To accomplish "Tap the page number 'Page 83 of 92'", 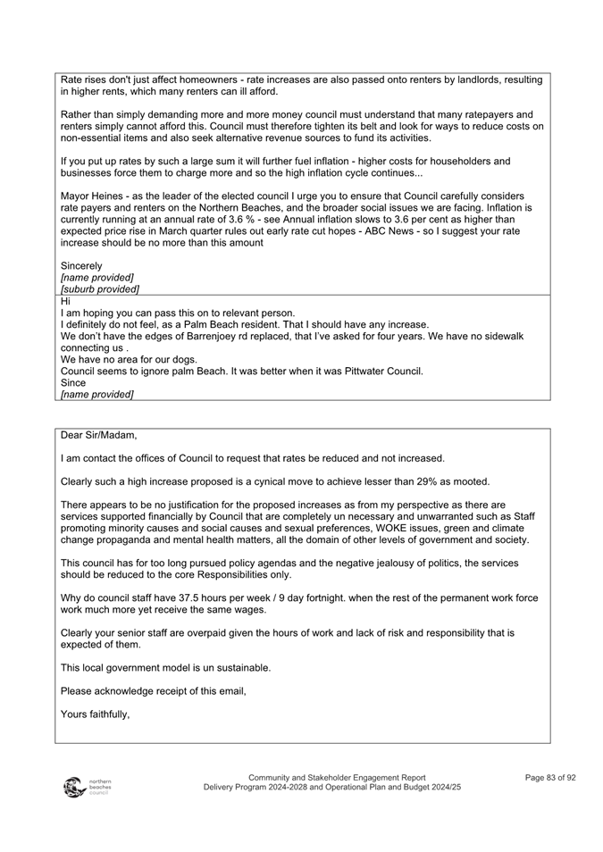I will (550, 778).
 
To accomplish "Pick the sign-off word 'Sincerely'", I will (81, 265).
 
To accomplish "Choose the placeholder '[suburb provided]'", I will (99, 288).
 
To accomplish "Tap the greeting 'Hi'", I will (66, 301).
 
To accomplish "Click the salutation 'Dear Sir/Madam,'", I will (99, 436).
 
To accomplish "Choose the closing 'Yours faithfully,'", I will (96, 714).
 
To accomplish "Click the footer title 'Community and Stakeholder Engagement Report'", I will (337, 778).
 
